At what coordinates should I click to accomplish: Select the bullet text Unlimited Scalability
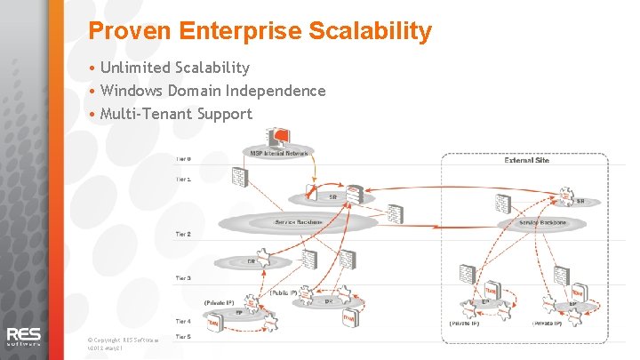point(174,68)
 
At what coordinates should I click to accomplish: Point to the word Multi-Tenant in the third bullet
point(146,114)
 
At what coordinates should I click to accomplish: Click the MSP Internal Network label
point(279,153)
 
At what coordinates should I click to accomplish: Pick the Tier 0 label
point(183,159)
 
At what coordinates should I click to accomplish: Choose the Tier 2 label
point(183,234)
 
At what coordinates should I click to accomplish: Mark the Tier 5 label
point(183,337)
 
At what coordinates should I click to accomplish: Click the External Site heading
point(526,161)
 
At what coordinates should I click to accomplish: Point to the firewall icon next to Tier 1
point(239,177)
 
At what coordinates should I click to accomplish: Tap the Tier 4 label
point(183,321)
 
